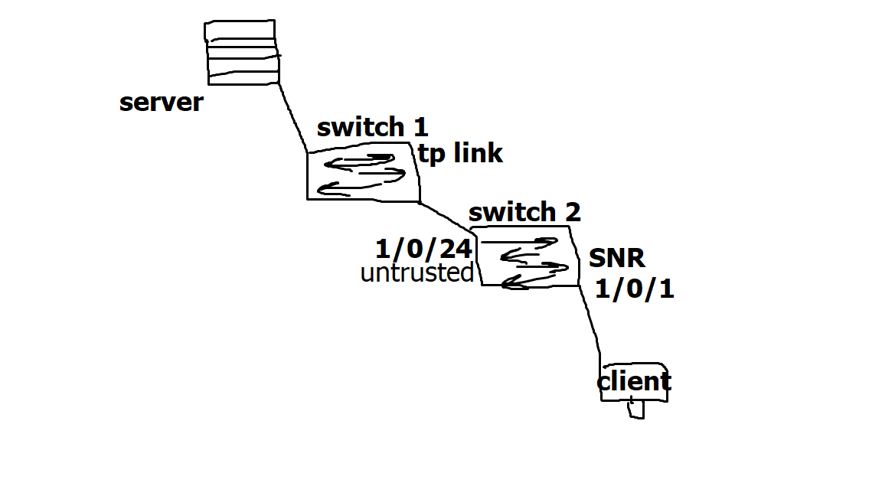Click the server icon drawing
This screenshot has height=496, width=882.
coord(241,53)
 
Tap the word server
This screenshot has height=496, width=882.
coord(162,103)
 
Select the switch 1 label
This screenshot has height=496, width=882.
coord(372,127)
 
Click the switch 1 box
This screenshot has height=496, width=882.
coord(363,175)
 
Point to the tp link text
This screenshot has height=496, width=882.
coord(460,154)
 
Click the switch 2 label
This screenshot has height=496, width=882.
coord(524,212)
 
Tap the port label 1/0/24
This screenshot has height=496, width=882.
coord(423,249)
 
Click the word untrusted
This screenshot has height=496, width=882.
coord(416,273)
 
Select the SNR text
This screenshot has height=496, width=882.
coord(617,259)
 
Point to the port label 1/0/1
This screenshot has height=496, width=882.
coord(635,290)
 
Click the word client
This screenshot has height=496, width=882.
coord(634,381)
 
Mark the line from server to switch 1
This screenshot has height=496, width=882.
coord(292,116)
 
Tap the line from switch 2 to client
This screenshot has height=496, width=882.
coord(590,322)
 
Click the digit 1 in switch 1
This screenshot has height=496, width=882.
coord(420,127)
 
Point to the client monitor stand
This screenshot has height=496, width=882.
coord(636,410)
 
